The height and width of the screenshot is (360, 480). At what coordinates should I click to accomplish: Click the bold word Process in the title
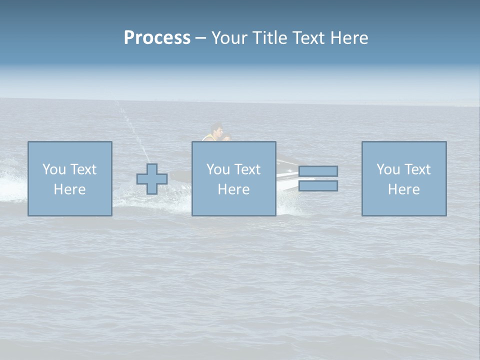(157, 38)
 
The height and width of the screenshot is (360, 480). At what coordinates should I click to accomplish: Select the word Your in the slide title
(229, 38)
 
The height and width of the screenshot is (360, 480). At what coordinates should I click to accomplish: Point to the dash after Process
(201, 38)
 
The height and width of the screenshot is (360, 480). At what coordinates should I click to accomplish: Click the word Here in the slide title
(349, 38)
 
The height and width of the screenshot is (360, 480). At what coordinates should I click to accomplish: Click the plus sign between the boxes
(152, 178)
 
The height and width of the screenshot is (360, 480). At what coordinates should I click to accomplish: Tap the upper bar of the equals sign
(318, 171)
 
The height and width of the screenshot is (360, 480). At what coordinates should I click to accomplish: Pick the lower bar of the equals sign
(318, 186)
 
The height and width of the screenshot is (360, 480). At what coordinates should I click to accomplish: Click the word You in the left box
(54, 169)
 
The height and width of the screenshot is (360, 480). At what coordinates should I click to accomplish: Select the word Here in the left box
(69, 189)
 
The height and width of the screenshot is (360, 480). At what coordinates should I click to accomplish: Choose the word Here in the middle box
(233, 189)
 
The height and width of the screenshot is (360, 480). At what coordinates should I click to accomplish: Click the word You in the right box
(388, 169)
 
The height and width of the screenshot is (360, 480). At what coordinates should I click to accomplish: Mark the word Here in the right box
(403, 189)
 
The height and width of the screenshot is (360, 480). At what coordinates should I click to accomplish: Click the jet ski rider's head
(217, 128)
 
